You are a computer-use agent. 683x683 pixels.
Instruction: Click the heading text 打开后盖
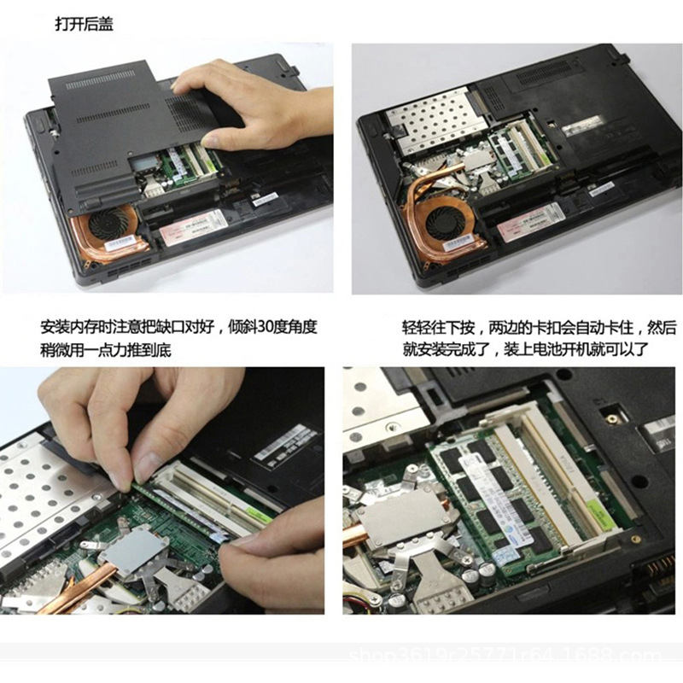pos(84,26)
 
